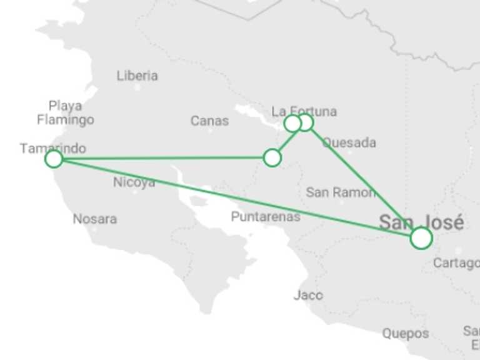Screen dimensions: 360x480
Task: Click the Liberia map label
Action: point(137,76)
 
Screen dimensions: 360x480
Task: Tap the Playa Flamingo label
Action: point(65,112)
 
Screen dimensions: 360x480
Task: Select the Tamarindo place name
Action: point(52,148)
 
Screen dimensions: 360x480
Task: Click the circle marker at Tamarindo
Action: point(54,159)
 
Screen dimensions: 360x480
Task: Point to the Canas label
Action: point(209,121)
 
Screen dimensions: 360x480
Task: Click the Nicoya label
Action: point(134,182)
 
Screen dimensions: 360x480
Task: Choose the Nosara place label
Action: point(94,219)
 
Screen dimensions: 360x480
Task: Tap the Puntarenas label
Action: point(266,217)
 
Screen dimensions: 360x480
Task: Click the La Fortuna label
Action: point(304,111)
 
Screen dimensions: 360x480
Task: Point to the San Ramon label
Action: point(341,192)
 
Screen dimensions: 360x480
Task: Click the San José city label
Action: point(421,222)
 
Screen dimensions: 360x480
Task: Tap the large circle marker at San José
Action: point(421,238)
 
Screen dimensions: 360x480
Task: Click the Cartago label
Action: point(456,263)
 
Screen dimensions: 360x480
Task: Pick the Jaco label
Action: point(308,294)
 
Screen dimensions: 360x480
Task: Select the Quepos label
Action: point(406,333)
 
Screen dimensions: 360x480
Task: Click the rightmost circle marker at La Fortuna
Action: point(305,122)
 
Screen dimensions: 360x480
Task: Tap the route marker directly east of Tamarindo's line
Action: point(272,157)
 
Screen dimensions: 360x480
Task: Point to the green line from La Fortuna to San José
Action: point(362,179)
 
